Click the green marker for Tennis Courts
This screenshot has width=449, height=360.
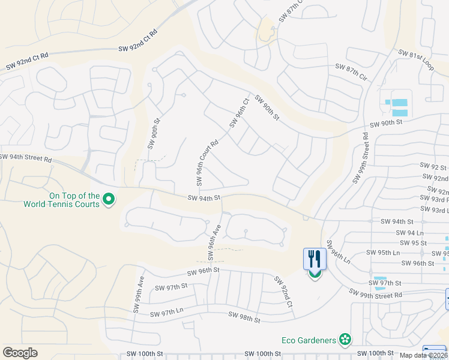click(109, 199)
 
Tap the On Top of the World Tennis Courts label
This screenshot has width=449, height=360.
click(61, 199)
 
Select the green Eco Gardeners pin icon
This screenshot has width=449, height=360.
click(345, 340)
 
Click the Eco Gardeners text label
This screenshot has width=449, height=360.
click(309, 340)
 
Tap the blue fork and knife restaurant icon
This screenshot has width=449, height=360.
click(315, 259)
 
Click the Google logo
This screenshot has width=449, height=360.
click(20, 353)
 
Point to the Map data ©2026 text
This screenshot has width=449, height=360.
click(424, 355)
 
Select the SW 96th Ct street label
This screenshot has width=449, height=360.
click(238, 113)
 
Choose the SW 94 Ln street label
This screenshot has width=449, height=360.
click(411, 232)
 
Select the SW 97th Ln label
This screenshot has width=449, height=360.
click(166, 313)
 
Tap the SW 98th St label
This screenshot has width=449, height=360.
click(244, 318)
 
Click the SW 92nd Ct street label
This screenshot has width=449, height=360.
click(283, 292)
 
